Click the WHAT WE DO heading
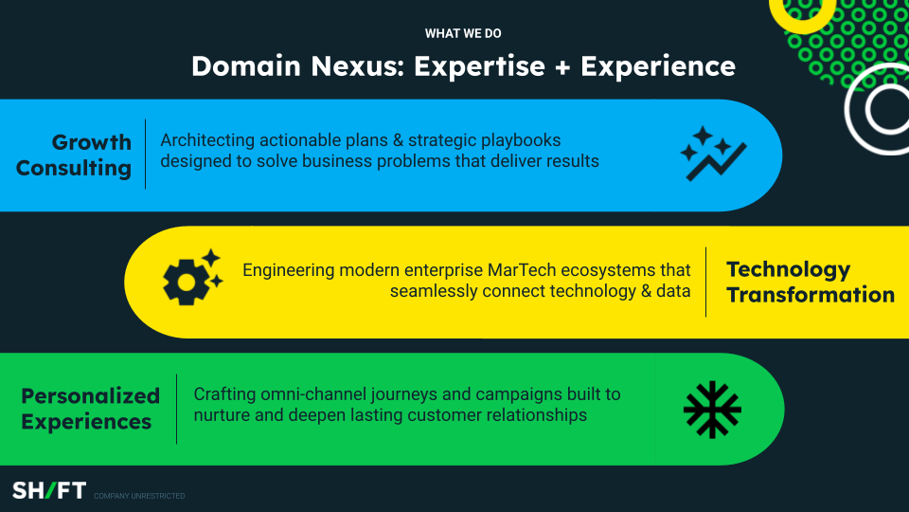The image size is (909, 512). [463, 34]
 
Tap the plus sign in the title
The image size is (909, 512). [562, 67]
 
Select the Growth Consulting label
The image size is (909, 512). [74, 155]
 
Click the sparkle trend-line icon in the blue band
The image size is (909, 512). [713, 154]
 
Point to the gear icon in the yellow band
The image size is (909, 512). [192, 278]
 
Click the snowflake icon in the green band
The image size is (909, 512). [712, 410]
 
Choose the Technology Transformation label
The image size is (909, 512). [811, 283]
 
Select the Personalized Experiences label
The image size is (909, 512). [91, 409]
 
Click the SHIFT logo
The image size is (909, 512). [49, 490]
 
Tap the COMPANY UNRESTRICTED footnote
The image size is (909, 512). [139, 496]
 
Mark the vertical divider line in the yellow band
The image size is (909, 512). [706, 283]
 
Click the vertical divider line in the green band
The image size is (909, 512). [176, 410]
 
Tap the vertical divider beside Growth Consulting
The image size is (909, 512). [145, 154]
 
